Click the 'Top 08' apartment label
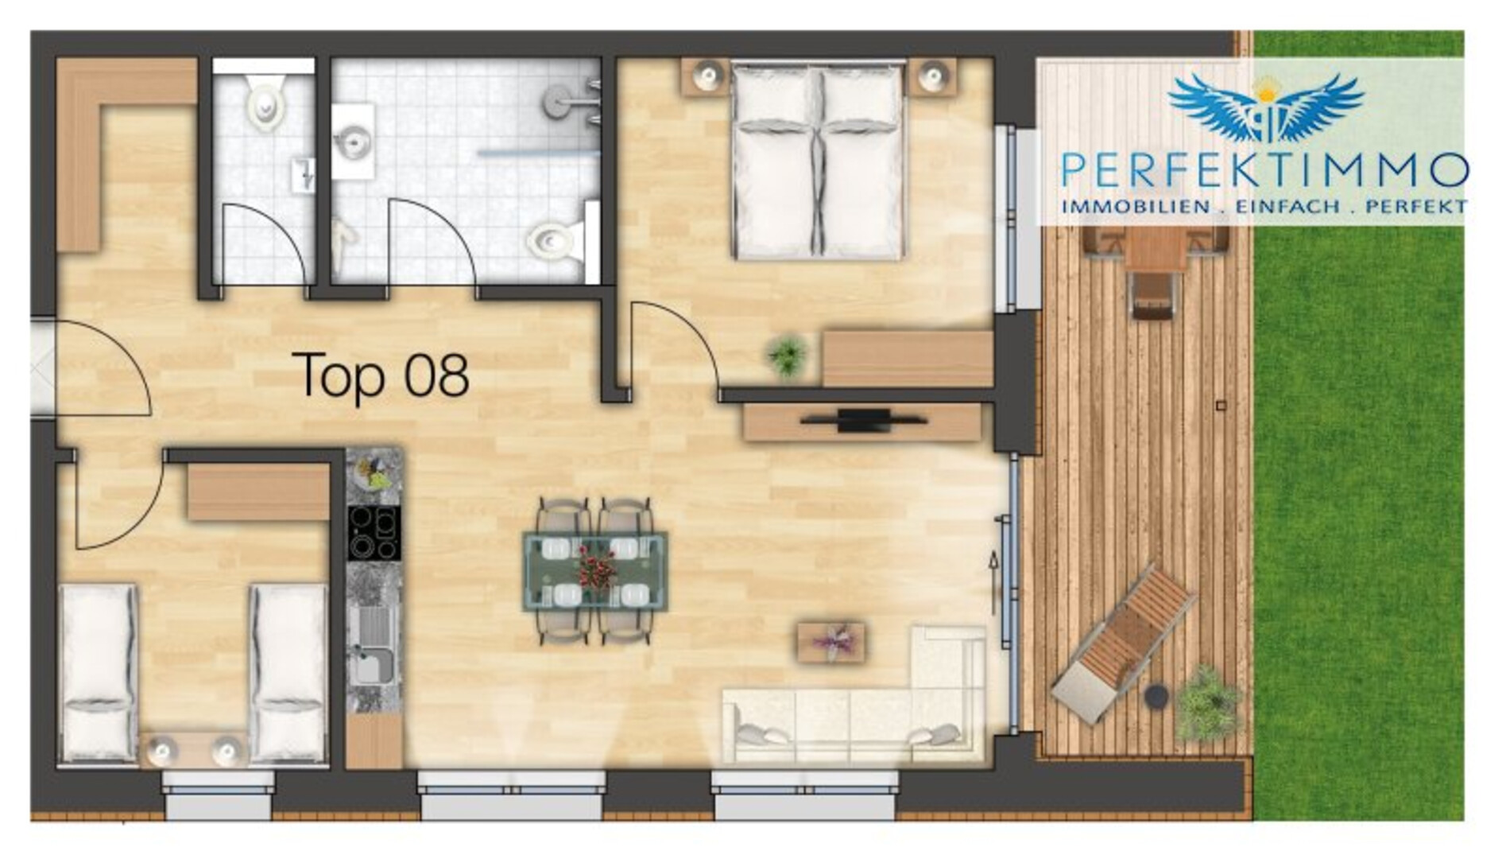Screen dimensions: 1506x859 [x=381, y=375]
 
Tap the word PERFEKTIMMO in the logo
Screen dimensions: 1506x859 [x=1264, y=169]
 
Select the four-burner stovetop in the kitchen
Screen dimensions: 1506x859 [x=374, y=532]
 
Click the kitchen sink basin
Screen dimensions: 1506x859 [x=373, y=664]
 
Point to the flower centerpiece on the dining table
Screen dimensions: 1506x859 [x=594, y=566]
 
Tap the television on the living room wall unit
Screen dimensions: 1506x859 [x=863, y=420]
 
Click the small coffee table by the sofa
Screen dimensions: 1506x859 [x=831, y=642]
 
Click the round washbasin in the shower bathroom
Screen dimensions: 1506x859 [x=352, y=143]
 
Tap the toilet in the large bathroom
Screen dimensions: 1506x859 [x=556, y=238]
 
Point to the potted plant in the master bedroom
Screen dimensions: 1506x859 [x=788, y=355]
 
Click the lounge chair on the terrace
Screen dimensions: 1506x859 [x=1124, y=643]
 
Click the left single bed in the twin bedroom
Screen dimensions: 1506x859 [x=99, y=673]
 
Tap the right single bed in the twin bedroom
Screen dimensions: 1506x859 [x=288, y=673]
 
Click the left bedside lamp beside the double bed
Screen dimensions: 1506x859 [x=706, y=77]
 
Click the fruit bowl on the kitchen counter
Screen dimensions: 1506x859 [x=374, y=473]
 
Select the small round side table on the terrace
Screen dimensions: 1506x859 [x=1156, y=697]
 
